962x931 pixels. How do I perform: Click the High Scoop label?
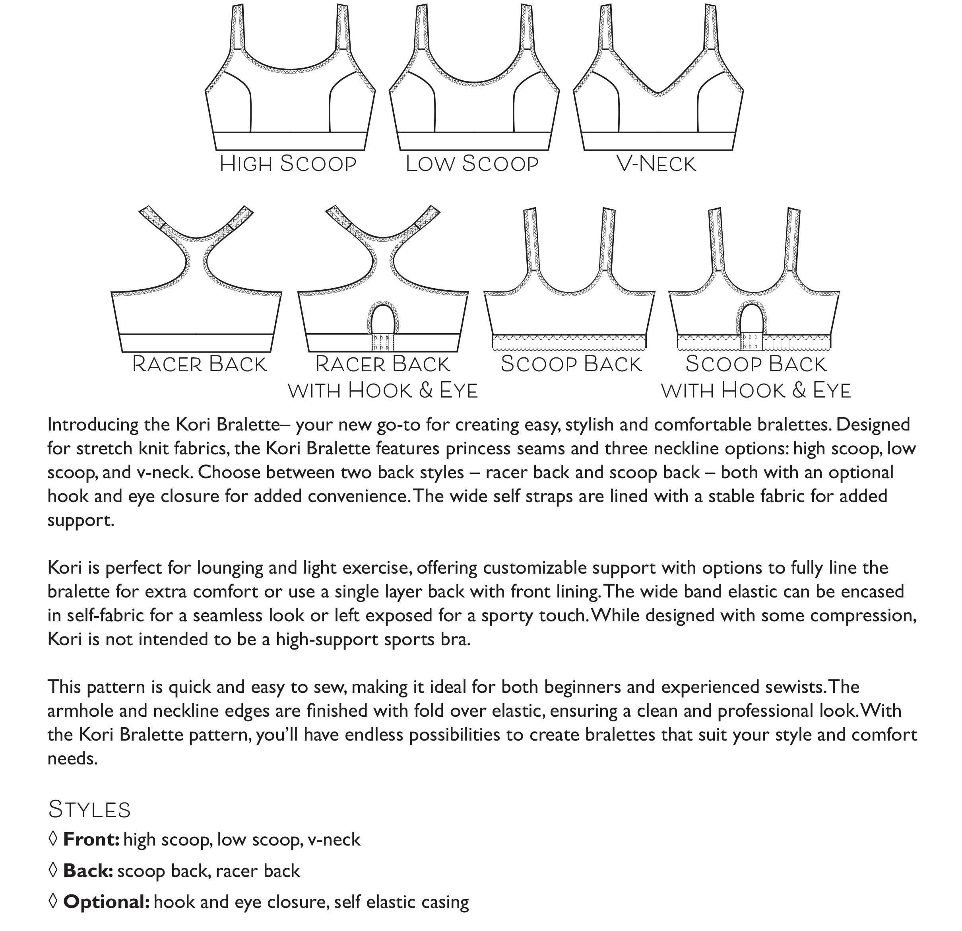click(288, 164)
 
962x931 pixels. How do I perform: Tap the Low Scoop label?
click(472, 164)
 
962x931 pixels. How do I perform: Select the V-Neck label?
click(656, 164)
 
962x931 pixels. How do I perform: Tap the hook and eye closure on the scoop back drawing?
click(751, 342)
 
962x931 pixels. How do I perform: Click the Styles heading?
click(89, 810)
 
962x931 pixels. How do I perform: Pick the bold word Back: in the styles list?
click(88, 871)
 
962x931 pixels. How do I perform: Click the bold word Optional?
click(107, 902)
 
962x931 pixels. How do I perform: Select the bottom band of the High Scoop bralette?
click(290, 141)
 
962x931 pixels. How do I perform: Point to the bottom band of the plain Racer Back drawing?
click(197, 343)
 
